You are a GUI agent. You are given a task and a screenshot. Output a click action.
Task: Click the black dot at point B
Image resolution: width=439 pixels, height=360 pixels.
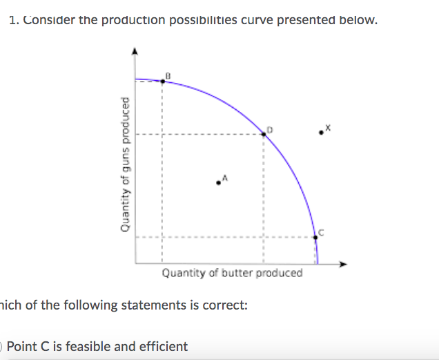[x=162, y=81]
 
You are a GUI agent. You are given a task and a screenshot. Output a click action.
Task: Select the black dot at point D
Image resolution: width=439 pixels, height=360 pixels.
[x=264, y=134]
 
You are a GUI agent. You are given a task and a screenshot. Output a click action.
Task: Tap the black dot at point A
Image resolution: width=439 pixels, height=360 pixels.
[x=219, y=182]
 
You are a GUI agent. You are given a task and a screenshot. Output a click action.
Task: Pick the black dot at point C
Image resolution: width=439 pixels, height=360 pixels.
[x=316, y=237]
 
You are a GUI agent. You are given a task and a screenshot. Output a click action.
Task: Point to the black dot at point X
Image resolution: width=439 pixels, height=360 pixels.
[x=320, y=131]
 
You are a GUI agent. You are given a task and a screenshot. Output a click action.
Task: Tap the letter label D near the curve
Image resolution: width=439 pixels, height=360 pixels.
[x=271, y=128]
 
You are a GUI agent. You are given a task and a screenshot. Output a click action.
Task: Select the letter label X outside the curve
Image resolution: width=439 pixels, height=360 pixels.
[x=328, y=127]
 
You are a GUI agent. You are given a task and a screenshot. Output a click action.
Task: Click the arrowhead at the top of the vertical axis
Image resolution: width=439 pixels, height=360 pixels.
[x=135, y=51]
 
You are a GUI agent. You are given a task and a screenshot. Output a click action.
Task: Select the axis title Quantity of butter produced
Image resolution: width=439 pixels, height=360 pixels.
[x=232, y=273]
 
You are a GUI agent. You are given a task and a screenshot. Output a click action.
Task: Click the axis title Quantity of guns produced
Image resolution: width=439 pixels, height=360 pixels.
[x=125, y=163]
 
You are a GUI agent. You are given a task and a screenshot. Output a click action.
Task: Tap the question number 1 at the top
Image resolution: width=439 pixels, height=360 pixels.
[x=13, y=19]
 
